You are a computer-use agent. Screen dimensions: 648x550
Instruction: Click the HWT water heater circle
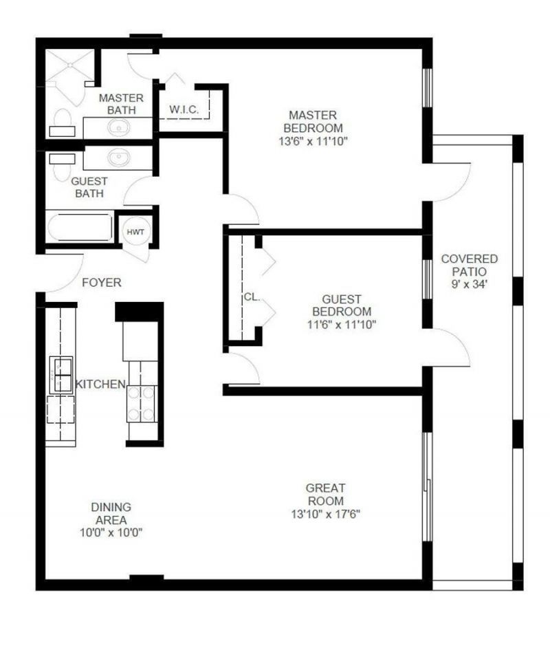[135, 232]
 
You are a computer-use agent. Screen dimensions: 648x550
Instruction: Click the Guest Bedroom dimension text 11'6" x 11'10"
[342, 323]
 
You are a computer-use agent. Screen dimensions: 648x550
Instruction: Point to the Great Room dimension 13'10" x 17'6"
[325, 514]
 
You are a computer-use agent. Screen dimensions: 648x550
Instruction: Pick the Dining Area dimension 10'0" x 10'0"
[111, 532]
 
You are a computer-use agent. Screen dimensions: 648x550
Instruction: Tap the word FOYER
[102, 283]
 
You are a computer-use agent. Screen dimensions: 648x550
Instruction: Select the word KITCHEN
[100, 384]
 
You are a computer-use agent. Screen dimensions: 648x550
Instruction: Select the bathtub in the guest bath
[80, 227]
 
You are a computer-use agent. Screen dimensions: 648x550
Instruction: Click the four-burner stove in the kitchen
[142, 404]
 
